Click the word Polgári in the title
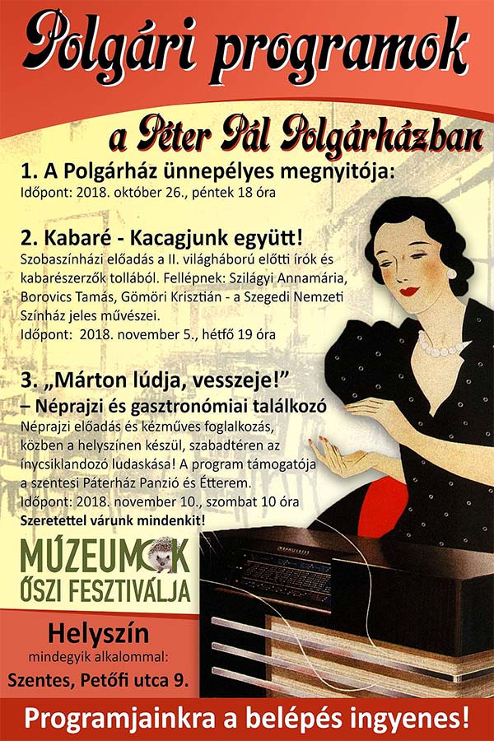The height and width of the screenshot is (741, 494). click(x=109, y=47)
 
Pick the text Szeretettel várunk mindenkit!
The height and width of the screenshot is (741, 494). click(x=113, y=521)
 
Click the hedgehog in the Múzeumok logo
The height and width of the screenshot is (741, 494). click(x=163, y=557)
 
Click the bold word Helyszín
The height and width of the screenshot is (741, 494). click(x=98, y=634)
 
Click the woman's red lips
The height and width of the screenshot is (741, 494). click(x=409, y=290)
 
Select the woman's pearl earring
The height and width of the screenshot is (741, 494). click(x=451, y=273)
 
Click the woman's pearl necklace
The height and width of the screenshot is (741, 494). click(x=437, y=345)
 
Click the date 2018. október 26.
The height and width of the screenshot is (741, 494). click(x=142, y=193)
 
